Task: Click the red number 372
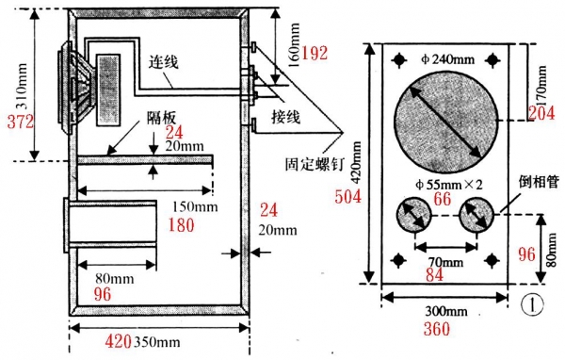[21, 122]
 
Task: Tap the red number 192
[315, 53]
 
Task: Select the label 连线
[164, 62]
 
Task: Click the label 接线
[285, 116]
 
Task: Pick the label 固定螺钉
[315, 164]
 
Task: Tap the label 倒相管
[539, 182]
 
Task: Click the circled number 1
[532, 305]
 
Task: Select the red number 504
[347, 197]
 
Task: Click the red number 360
[437, 329]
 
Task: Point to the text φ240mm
[447, 58]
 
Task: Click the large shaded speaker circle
[445, 122]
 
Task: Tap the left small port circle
[414, 215]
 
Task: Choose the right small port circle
[476, 215]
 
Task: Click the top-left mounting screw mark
[399, 60]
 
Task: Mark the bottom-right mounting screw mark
[492, 260]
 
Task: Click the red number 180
[181, 225]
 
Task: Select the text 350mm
[157, 342]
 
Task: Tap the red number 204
[541, 113]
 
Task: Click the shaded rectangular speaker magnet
[108, 90]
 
